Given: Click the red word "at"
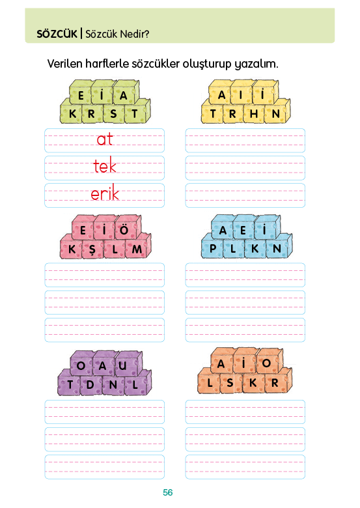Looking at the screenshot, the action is coord(105,139).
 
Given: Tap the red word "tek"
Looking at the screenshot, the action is coord(105,166).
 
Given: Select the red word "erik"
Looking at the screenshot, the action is coord(105,193).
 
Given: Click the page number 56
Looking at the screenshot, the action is coord(168,492).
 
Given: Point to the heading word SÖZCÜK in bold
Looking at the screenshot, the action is coord(57,34).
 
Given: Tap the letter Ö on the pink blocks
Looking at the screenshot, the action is coord(124,230).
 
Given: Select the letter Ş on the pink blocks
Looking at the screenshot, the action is coord(92,250).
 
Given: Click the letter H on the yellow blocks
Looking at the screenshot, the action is coord(254,114).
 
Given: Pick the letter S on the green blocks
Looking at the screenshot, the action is coord(113,114).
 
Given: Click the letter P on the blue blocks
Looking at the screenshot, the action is coord(213,249).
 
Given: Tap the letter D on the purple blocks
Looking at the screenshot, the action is coord(90,385).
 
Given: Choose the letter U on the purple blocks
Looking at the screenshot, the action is coord(122,365).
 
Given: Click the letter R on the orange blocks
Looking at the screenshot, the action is coord(275,382).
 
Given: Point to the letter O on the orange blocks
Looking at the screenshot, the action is coord(266,363).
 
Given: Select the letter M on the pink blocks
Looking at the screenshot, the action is coord(137,249).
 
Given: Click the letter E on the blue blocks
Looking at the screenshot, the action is coord(243,231).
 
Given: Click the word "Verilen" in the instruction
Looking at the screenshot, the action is coord(64,64).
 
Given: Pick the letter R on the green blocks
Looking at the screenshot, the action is coord(91,114).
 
